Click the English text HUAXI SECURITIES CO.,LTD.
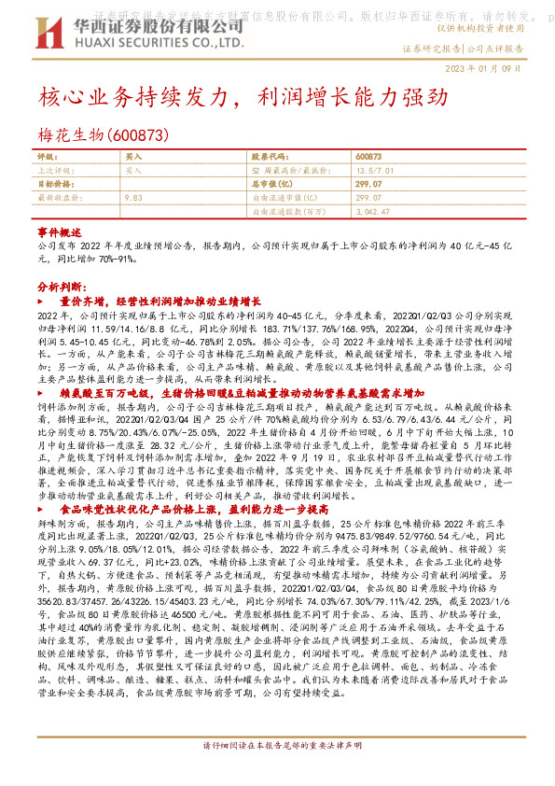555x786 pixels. tap(152, 41)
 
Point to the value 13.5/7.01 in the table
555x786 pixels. tap(376, 172)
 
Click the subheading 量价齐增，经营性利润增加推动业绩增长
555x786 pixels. tap(160, 303)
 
